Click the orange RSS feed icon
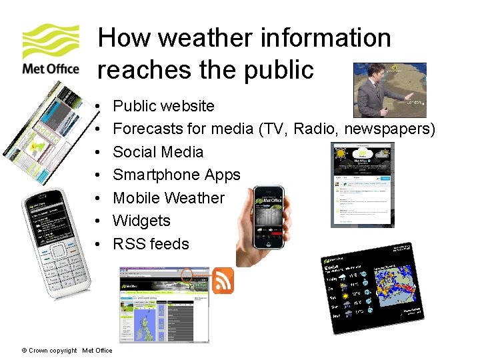(x=223, y=280)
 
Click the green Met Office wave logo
(x=51, y=41)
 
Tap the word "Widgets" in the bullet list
(x=141, y=221)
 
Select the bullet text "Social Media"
(x=158, y=151)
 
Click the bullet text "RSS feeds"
(x=151, y=244)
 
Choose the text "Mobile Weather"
(x=169, y=198)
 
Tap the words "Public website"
(x=163, y=106)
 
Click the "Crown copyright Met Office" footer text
(x=67, y=351)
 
